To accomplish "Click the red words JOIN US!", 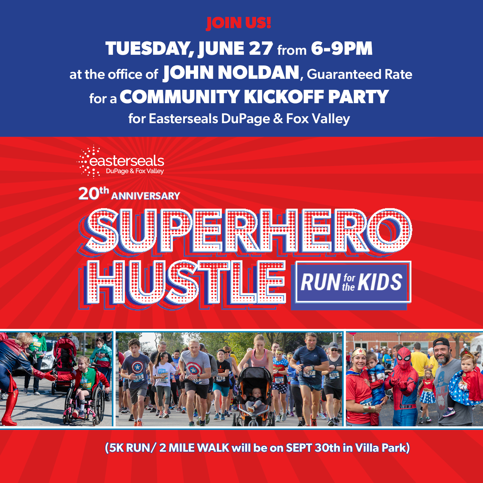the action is coord(238,23).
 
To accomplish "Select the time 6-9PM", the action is coord(342,48).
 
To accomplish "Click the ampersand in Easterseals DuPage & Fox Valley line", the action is coord(278,119).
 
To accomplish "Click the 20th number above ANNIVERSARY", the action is coord(94,193).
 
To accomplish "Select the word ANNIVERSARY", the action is coord(145,196).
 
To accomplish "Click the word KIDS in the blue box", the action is coord(380,282).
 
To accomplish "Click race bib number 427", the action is coord(309,373).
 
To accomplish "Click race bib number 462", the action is coord(220,378).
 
